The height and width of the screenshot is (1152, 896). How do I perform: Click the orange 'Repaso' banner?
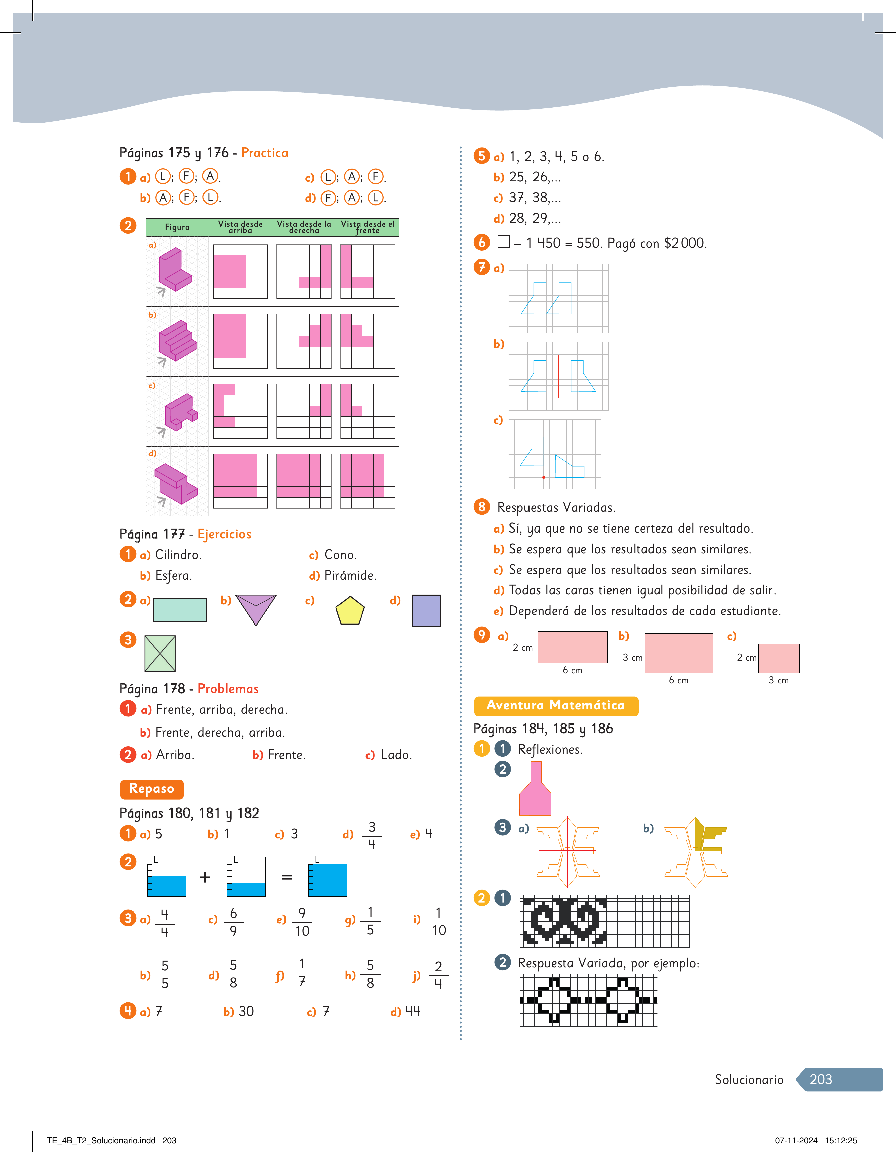[x=152, y=789]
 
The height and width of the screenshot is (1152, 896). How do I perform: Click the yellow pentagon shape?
[x=350, y=611]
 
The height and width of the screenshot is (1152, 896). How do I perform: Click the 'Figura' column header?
[x=177, y=227]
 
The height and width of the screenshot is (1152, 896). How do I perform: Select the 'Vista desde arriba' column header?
[x=241, y=227]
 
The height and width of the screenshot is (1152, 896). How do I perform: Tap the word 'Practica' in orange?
[x=264, y=153]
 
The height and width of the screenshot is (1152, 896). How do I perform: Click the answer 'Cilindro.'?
[x=178, y=555]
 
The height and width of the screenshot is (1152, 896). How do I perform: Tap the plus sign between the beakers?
[x=205, y=877]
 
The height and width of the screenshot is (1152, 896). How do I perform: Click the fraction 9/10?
[x=302, y=922]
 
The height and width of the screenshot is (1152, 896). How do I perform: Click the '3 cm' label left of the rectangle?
[x=632, y=658]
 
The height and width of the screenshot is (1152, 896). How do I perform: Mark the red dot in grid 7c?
[x=544, y=477]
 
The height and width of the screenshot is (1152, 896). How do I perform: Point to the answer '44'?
[x=413, y=1011]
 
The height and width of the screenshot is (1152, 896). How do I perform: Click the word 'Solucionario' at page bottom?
[x=749, y=1080]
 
